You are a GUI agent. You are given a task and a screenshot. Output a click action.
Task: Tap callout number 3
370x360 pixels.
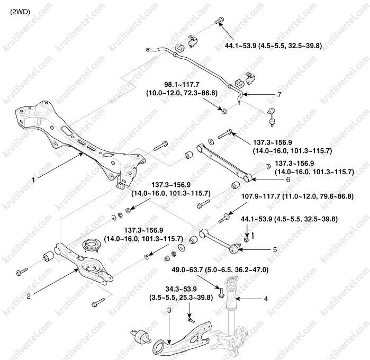(x=168, y=309)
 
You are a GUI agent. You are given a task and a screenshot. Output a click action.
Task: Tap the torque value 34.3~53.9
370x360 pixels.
(x=167, y=290)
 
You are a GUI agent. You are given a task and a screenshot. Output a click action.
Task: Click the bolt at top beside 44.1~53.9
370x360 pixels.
(x=219, y=21)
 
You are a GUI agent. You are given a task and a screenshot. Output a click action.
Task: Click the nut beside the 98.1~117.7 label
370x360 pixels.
(x=224, y=110)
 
